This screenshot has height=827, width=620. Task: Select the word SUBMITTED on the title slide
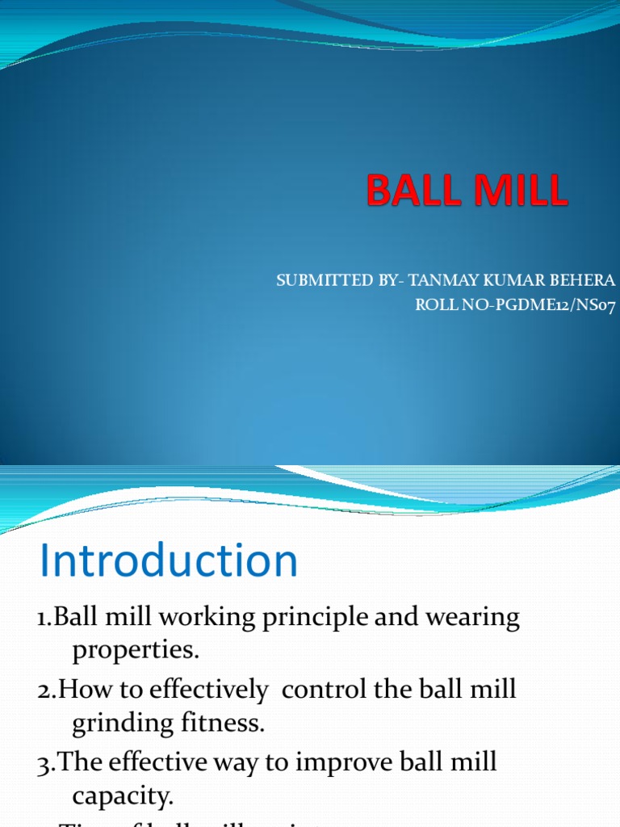click(316, 280)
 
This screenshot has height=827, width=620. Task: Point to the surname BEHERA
click(584, 280)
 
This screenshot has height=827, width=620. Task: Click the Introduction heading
click(169, 561)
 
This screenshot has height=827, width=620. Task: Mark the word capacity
click(122, 798)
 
